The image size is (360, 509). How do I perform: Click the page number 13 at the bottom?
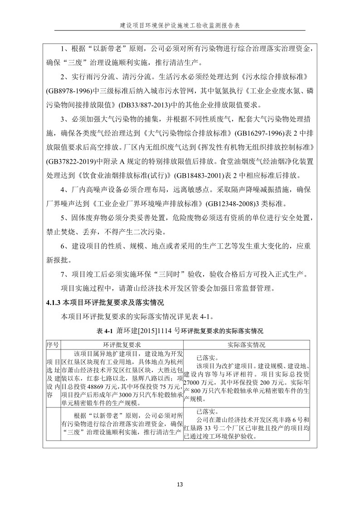[x=180, y=485]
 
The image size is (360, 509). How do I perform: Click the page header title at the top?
[x=180, y=25]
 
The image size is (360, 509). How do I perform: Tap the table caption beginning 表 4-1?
[x=180, y=331]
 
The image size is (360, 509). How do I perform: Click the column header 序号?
[x=53, y=344]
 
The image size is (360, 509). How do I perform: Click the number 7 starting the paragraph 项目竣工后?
[x=63, y=274]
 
